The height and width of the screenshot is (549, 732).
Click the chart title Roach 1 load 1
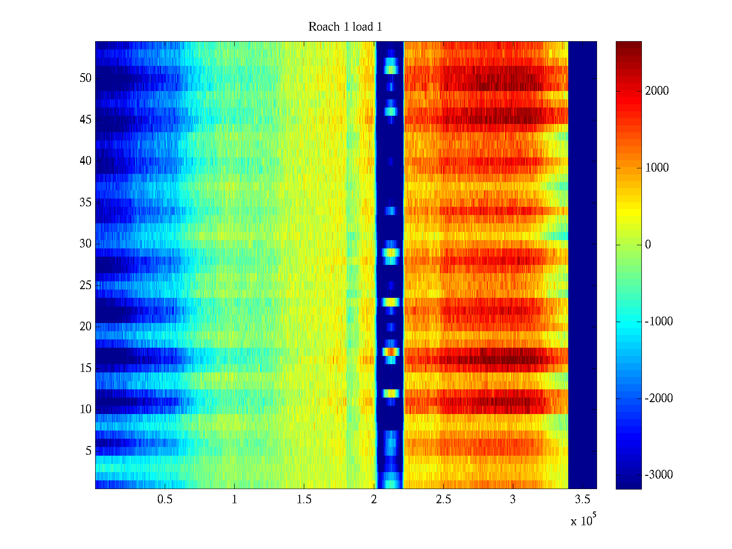345,27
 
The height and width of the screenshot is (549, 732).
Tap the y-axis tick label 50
86,78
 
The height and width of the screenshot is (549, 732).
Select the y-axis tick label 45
86,120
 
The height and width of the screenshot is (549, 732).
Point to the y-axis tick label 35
86,203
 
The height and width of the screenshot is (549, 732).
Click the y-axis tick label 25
86,285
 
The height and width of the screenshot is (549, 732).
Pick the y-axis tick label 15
86,368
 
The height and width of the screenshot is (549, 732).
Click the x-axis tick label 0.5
165,500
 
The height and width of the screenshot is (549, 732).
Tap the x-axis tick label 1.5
304,500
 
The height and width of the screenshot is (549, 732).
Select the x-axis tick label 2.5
443,500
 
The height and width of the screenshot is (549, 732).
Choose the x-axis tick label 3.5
582,500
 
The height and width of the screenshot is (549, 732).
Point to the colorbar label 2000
657,91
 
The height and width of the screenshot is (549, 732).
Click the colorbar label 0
648,245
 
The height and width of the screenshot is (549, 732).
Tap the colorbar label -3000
658,475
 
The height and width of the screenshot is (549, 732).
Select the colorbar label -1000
658,322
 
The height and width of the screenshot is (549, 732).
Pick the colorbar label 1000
657,168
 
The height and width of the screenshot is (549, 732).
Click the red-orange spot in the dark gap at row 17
391,351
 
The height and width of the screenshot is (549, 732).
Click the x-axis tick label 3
512,500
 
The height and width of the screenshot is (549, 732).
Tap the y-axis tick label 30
86,244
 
